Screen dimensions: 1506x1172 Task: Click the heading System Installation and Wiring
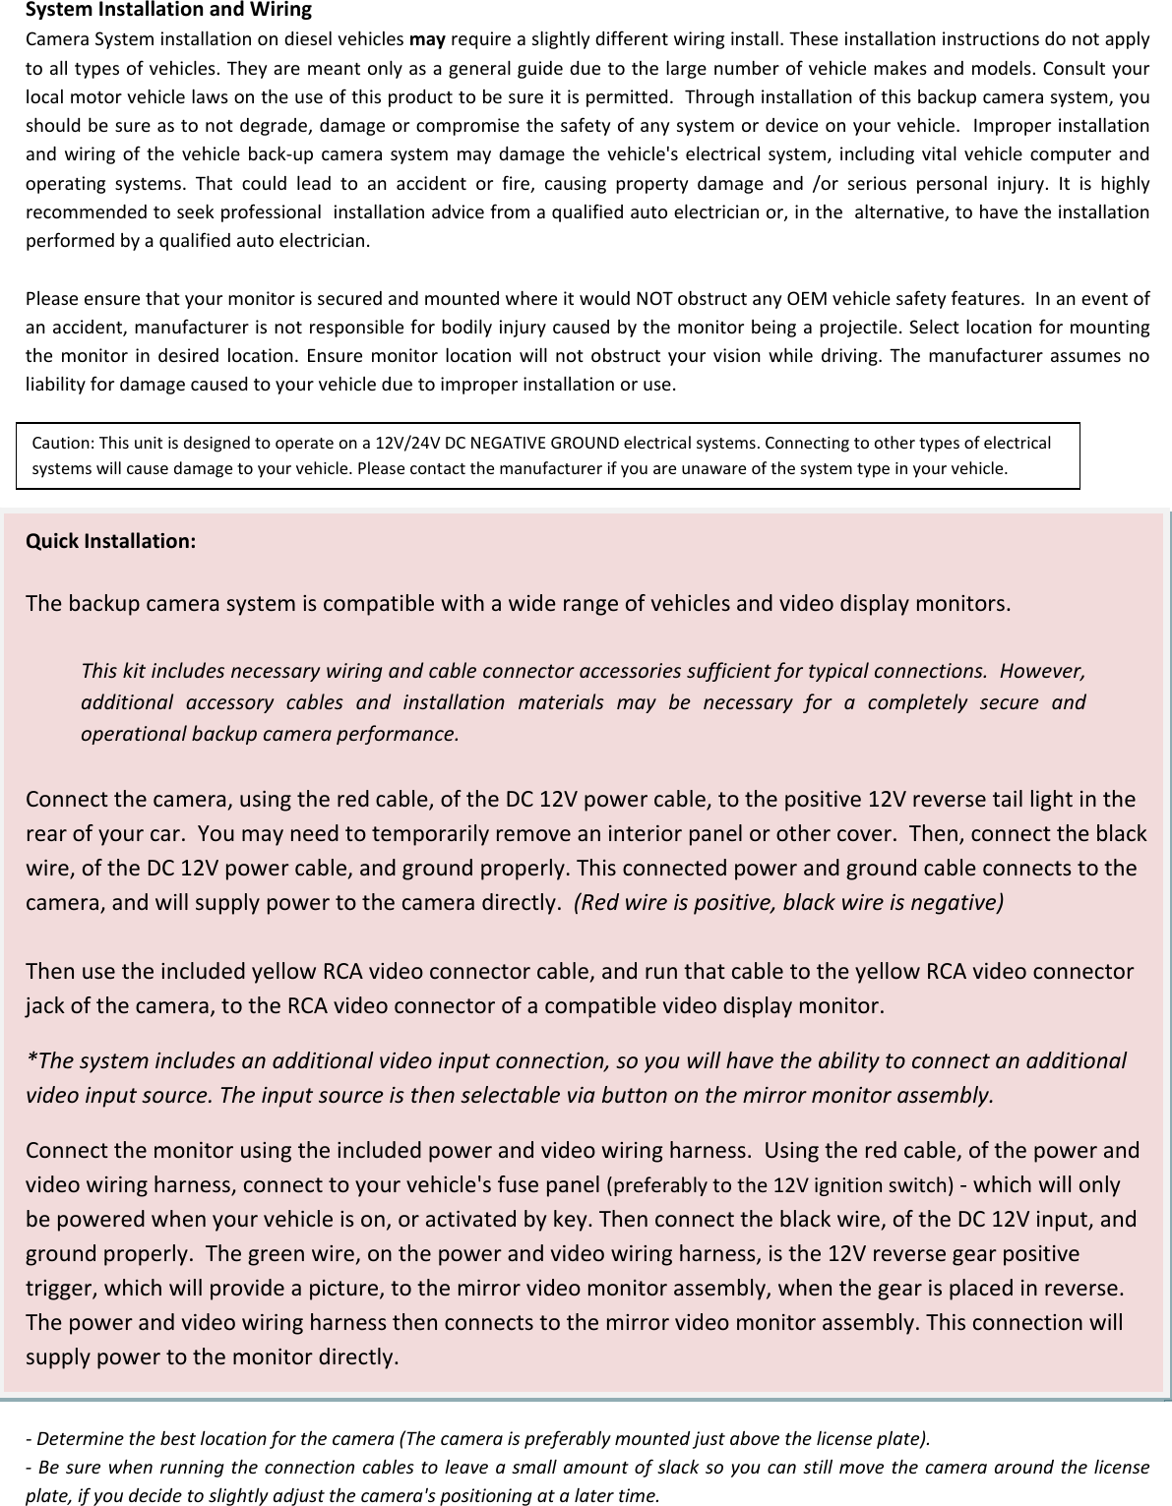tap(167, 11)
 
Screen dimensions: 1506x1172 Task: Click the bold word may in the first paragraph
tap(427, 39)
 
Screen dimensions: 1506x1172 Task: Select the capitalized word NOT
tap(655, 298)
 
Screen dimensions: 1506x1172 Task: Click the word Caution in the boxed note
tap(63, 443)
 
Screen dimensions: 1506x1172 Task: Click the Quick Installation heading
tap(110, 541)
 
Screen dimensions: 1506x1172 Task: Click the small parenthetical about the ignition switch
tap(777, 1185)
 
